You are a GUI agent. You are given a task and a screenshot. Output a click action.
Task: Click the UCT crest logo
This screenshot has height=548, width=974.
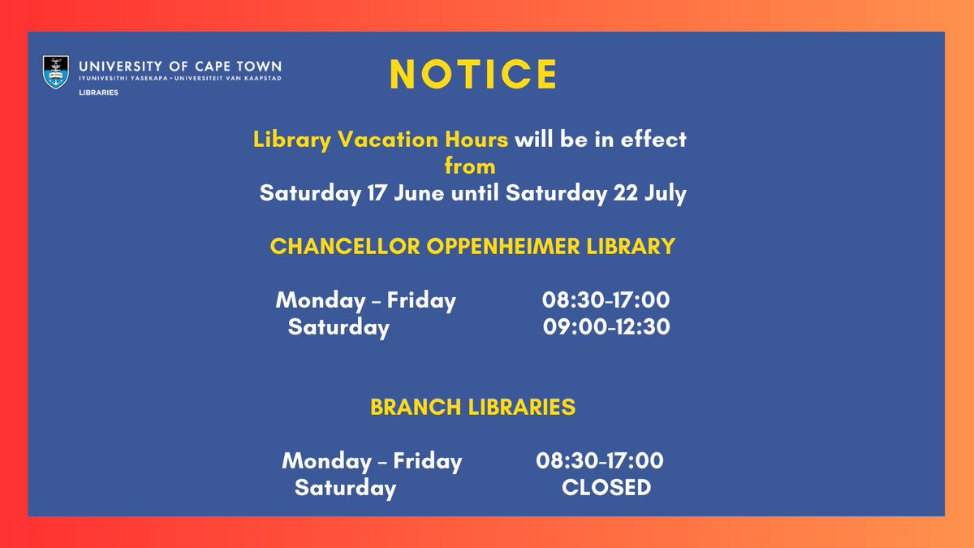point(55,71)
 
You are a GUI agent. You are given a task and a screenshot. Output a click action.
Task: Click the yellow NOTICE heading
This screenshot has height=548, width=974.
point(473,75)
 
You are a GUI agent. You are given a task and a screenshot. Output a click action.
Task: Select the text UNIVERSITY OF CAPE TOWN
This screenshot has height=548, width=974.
point(180,64)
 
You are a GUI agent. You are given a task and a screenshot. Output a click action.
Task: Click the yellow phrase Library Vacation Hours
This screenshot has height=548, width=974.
point(381,140)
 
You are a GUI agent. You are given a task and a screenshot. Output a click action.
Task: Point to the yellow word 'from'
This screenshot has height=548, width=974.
point(470,166)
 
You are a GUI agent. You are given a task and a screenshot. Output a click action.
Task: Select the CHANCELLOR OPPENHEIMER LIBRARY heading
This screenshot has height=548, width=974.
point(472,247)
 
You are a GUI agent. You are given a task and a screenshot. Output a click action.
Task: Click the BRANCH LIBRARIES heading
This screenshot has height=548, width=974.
point(472,408)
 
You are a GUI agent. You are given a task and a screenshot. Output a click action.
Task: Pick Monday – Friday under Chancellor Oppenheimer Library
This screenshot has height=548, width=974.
point(366,301)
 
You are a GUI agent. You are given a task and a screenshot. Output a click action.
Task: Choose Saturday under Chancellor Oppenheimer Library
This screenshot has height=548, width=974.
point(338,328)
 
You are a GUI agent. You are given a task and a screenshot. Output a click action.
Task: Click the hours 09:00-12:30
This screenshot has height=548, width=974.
point(606,328)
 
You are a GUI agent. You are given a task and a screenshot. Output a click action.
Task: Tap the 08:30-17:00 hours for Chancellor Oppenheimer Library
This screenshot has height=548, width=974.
point(606,301)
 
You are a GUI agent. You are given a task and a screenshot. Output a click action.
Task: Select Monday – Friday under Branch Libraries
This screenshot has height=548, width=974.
point(372,462)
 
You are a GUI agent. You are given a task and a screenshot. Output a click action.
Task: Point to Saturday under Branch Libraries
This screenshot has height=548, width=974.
point(345,489)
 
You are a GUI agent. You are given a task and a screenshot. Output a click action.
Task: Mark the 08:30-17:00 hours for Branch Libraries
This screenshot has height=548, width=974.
point(600,462)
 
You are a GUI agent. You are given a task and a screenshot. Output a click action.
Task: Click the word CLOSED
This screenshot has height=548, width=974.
point(606,488)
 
